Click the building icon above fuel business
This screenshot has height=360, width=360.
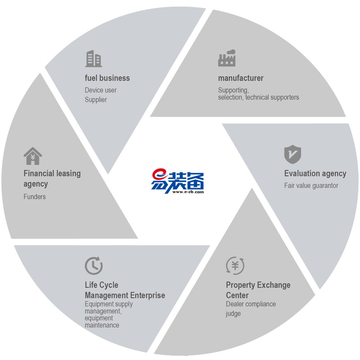pyautogui.click(x=93, y=59)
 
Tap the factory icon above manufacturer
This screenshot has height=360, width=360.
pyautogui.click(x=227, y=58)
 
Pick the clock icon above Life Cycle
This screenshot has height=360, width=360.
pyautogui.click(x=94, y=265)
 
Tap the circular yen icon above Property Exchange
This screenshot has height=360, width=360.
pyautogui.click(x=235, y=265)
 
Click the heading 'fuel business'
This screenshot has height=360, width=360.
pyautogui.click(x=107, y=78)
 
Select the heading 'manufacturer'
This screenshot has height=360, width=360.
pyautogui.click(x=241, y=78)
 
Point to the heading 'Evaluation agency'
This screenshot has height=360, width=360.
pyautogui.click(x=315, y=173)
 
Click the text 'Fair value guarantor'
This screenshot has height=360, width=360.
pyautogui.click(x=311, y=185)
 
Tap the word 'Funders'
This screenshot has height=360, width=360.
pyautogui.click(x=35, y=197)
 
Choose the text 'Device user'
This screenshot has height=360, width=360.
pyautogui.click(x=100, y=90)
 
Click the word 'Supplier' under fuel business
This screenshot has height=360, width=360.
pyautogui.click(x=96, y=99)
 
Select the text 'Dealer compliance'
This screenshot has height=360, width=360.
pyautogui.click(x=251, y=304)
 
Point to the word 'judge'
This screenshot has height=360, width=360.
pyautogui.click(x=233, y=314)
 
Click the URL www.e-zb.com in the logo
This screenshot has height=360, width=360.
pyautogui.click(x=187, y=192)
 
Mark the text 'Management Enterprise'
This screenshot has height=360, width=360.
pyautogui.click(x=125, y=295)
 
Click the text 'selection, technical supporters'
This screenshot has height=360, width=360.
pyautogui.click(x=258, y=97)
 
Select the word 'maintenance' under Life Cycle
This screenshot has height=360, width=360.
pyautogui.click(x=102, y=324)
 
